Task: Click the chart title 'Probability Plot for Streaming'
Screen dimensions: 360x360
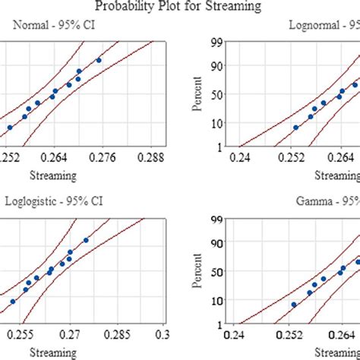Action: click(x=179, y=7)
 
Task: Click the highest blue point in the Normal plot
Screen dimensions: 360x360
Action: click(x=99, y=60)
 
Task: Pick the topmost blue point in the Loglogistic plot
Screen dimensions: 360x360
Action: click(x=86, y=240)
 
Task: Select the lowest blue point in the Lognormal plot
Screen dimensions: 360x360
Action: click(x=295, y=128)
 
